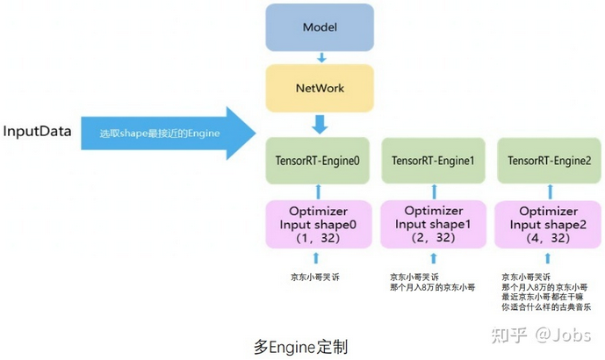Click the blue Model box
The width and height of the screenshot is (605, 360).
(321, 26)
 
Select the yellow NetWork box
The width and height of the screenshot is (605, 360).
(321, 88)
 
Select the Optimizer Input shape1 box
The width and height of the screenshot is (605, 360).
(433, 223)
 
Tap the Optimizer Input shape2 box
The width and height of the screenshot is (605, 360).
(547, 223)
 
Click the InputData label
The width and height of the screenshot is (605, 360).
(36, 132)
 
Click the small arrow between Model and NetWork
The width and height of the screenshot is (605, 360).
(321, 57)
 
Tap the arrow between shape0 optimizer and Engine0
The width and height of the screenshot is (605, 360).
(320, 190)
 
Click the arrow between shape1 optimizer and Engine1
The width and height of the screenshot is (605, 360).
(433, 190)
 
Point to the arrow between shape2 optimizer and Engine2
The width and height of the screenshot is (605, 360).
(547, 190)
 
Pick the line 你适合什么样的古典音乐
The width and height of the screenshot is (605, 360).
(545, 306)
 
